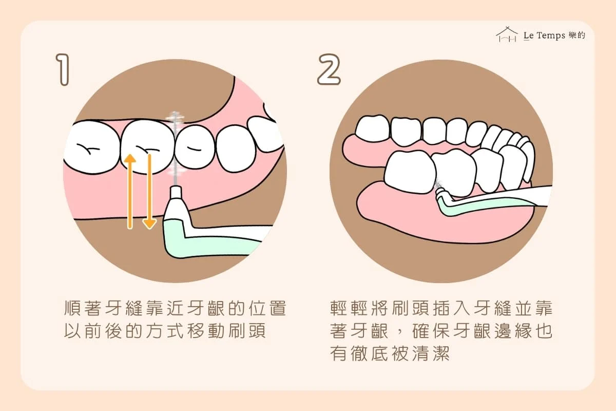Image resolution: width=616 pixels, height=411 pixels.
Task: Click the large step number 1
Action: (63, 70)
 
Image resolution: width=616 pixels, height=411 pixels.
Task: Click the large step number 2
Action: (329, 69)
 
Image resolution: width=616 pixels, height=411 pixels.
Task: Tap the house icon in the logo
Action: (507, 34)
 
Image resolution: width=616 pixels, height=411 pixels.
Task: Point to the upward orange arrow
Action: (130, 192)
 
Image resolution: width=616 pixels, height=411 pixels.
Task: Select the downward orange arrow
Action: (149, 192)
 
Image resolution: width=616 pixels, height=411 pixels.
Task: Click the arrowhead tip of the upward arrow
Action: (130, 155)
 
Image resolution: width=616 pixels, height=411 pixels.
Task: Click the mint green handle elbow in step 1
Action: (176, 239)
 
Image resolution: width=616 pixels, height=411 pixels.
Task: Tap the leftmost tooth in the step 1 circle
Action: (92, 147)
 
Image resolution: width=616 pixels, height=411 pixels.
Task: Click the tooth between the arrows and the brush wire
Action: (148, 146)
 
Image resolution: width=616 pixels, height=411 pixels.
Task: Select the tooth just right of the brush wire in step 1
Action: (195, 147)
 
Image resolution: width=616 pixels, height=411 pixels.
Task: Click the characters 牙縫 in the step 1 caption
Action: (124, 308)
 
